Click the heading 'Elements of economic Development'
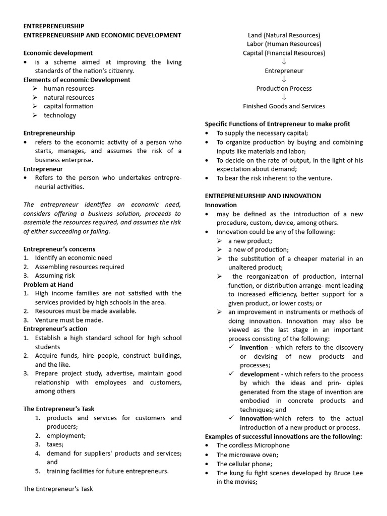[x=77, y=80]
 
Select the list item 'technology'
[x=59, y=115]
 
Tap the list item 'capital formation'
[x=68, y=106]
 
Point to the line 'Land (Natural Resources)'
[x=284, y=35]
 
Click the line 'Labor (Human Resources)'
[x=284, y=44]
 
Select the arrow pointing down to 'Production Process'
[x=284, y=80]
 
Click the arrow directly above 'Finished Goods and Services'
[x=284, y=97]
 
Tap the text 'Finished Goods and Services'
[x=284, y=106]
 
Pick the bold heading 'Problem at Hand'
[x=48, y=285]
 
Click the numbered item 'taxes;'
[x=55, y=444]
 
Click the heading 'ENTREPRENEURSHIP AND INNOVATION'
[x=263, y=196]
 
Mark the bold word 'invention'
[x=254, y=348]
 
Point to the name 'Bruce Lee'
[x=347, y=473]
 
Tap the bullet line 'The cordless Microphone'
[x=253, y=445]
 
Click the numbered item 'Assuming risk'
[x=54, y=276]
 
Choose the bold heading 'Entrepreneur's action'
[x=55, y=329]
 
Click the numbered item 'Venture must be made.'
[x=69, y=320]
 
